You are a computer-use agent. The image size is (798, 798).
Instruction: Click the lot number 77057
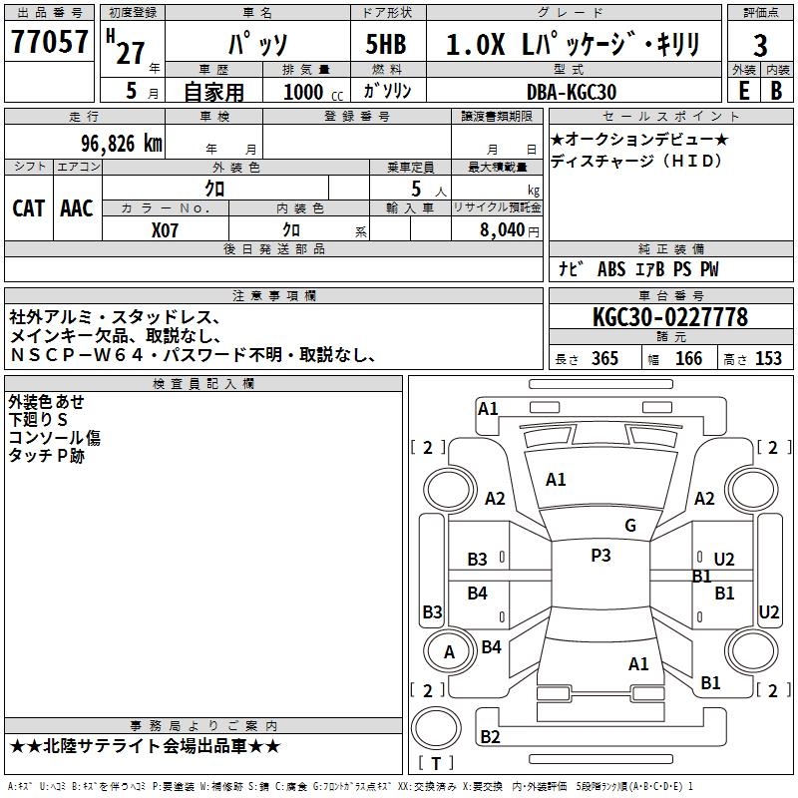(49, 42)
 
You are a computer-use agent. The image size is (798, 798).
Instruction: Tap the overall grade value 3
(760, 46)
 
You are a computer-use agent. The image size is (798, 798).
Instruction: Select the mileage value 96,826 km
(122, 144)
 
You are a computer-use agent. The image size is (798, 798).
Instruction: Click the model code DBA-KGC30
(572, 92)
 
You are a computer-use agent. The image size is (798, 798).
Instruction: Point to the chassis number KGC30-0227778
(670, 317)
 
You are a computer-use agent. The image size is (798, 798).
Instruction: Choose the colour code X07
(165, 230)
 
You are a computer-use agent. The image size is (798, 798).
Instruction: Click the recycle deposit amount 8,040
(503, 230)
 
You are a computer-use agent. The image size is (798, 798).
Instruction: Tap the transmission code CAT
(29, 208)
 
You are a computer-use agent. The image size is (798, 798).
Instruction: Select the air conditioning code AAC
(77, 208)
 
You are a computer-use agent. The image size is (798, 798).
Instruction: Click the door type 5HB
(386, 44)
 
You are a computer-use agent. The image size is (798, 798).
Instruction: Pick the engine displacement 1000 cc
(313, 92)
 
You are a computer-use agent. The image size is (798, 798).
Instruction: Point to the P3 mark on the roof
(600, 556)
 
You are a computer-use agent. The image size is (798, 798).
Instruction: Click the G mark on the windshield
(630, 526)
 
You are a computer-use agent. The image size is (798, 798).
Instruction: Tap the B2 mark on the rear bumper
(490, 736)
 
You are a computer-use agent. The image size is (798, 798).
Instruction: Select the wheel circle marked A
(449, 651)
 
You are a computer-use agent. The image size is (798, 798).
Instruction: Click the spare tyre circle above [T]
(436, 728)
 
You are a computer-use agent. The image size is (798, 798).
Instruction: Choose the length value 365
(605, 359)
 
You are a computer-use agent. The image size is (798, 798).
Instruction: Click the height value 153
(768, 359)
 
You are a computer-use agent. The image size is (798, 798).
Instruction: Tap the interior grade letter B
(776, 91)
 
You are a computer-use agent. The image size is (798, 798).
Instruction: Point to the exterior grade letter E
(744, 91)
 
